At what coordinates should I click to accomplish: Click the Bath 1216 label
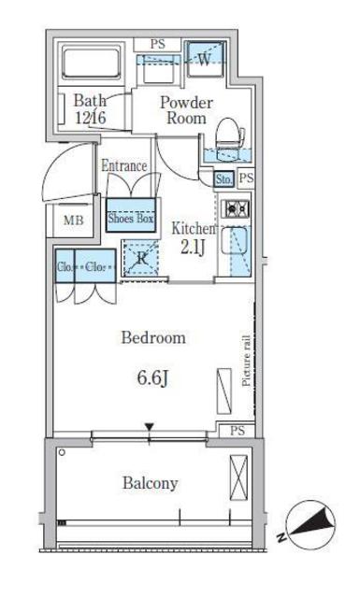[90, 108]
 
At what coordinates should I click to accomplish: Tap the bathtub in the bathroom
[90, 64]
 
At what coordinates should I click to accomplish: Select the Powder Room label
[186, 109]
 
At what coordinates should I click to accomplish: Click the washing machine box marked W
[204, 59]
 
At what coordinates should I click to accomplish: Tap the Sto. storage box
[224, 178]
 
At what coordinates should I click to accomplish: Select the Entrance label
[124, 165]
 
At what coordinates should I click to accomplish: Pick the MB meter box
[72, 221]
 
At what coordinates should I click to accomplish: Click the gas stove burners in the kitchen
[234, 208]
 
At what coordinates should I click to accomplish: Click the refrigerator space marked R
[143, 259]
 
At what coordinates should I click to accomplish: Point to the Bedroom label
[153, 338]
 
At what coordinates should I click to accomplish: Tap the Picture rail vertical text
[247, 361]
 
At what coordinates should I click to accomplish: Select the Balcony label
[150, 483]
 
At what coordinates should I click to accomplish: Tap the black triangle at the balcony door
[149, 429]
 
